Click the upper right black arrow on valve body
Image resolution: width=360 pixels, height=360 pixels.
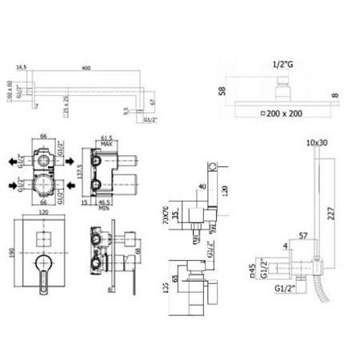click(x=74, y=158)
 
